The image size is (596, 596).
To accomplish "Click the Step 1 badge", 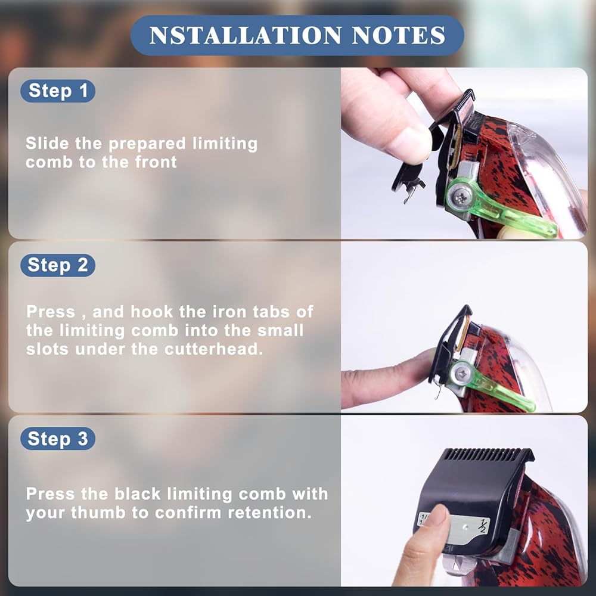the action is [x=58, y=91].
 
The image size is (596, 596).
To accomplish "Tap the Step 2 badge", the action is [x=58, y=265].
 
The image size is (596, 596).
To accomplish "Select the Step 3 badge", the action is [x=58, y=439].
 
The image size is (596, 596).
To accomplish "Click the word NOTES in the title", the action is [x=398, y=35].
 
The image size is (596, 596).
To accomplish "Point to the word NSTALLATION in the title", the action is [x=246, y=35].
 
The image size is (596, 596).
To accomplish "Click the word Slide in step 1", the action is [x=48, y=143].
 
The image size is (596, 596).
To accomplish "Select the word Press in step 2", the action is [x=51, y=312].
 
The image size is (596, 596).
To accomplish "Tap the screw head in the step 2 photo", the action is [x=461, y=374].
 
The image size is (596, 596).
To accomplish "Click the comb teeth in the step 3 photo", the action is [x=489, y=455].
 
